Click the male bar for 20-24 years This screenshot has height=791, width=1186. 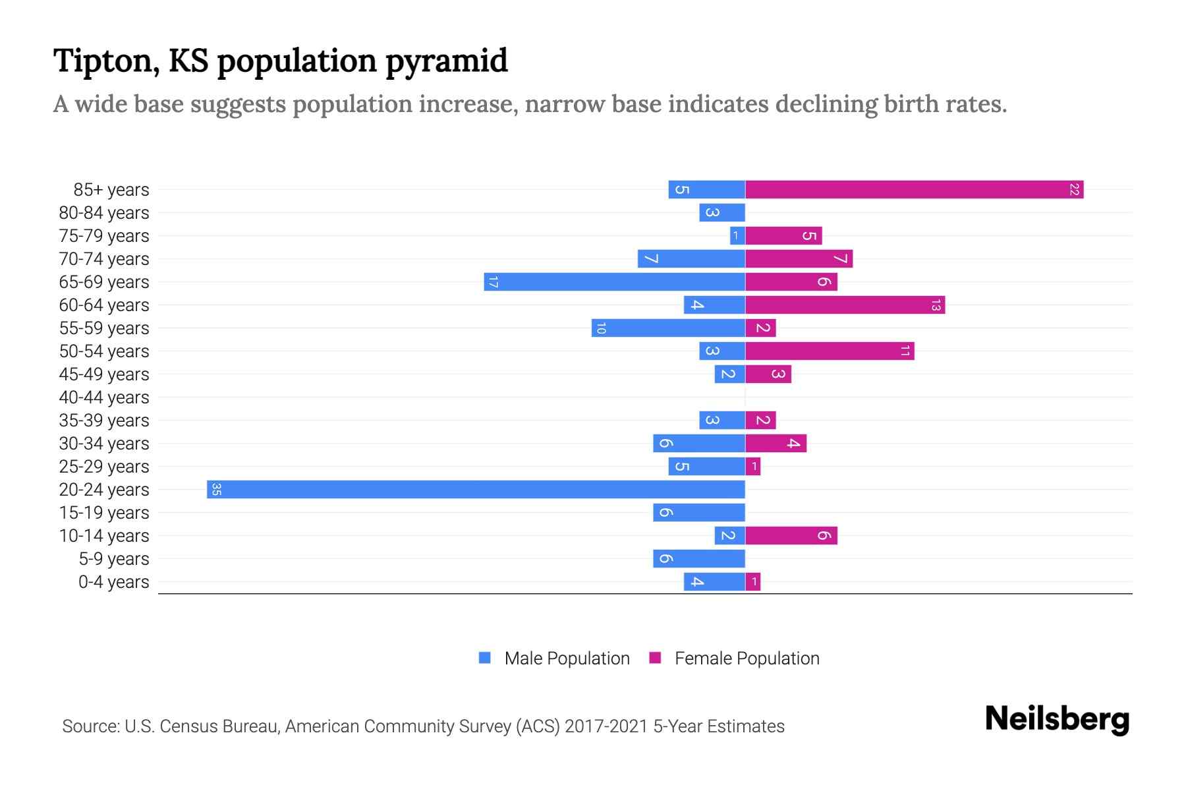(x=476, y=489)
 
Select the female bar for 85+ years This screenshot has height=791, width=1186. (x=914, y=190)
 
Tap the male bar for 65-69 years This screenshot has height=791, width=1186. (x=614, y=282)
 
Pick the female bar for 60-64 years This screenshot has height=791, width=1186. (x=845, y=305)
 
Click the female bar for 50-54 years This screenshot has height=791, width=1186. (x=830, y=351)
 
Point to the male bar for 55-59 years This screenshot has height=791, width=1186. (x=668, y=328)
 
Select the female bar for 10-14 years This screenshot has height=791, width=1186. (x=791, y=536)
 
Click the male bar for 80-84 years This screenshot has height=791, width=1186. (x=721, y=213)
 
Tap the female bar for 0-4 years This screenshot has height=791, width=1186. (x=752, y=582)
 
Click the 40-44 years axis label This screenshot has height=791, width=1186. (x=104, y=397)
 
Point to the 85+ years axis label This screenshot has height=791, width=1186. (x=111, y=190)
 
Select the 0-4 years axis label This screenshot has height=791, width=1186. (x=113, y=582)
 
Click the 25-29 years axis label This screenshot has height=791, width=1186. (x=104, y=467)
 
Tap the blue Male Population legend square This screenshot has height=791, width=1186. (x=485, y=658)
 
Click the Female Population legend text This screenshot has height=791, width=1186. (x=747, y=659)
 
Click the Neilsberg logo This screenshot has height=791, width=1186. (x=1057, y=719)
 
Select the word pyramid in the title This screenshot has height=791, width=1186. (x=446, y=61)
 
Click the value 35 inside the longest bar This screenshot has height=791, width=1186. (x=216, y=489)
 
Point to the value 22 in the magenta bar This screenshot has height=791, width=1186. (x=1074, y=190)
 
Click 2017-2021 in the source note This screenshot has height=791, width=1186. (x=606, y=726)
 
